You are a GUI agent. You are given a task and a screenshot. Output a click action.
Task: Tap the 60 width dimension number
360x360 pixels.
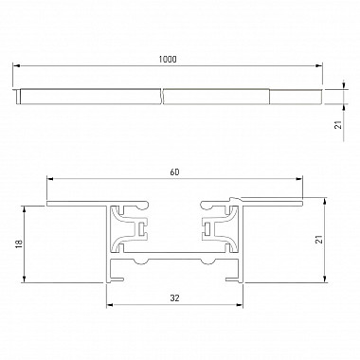[x=175, y=171]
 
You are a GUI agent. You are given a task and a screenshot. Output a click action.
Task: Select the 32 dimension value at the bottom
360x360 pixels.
[x=176, y=297]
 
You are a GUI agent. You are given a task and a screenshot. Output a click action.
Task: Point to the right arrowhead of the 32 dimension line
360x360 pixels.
[x=242, y=305]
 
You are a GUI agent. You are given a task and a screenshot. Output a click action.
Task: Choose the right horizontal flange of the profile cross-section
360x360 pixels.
[x=275, y=203]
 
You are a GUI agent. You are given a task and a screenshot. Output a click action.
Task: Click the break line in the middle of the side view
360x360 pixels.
[x=161, y=96]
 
